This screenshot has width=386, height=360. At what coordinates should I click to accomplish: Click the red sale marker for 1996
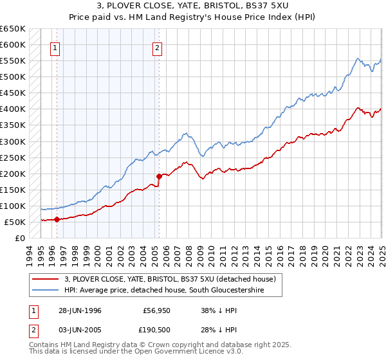tap(57, 219)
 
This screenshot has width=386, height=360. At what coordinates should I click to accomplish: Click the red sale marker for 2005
tap(159, 175)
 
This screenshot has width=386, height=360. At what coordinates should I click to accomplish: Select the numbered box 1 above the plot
tap(55, 46)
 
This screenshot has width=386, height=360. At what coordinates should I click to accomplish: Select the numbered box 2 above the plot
tap(157, 46)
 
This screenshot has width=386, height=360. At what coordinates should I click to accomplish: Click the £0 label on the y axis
tap(19, 239)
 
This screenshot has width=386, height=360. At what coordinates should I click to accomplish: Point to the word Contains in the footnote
tap(44, 346)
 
